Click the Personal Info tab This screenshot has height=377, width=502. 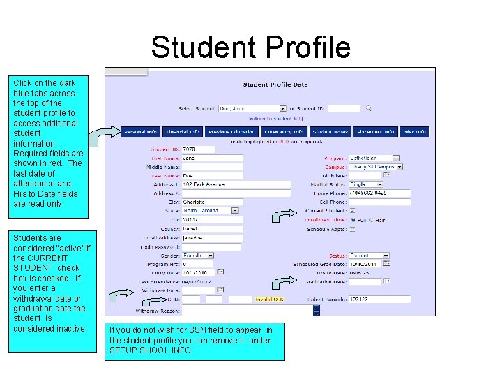tap(142, 131)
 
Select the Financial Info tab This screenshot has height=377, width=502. tap(183, 131)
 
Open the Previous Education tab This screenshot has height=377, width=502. tap(232, 131)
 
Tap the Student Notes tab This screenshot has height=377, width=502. tap(330, 131)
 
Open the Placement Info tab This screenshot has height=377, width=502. tap(376, 131)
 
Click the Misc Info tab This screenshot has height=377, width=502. tap(415, 131)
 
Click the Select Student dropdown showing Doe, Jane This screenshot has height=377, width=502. tap(252, 108)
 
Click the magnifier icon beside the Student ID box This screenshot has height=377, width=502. tap(368, 108)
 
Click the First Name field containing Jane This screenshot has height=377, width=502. tap(212, 158)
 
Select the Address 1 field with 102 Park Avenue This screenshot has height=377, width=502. tap(236, 184)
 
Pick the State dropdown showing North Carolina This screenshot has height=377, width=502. tap(211, 210)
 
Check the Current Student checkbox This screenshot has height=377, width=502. tap(352, 211)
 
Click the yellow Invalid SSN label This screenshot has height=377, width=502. tap(269, 299)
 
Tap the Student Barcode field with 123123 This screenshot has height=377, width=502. tap(379, 299)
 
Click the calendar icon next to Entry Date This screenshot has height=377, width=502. tap(220, 272)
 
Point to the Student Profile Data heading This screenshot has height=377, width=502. tap(275, 85)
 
